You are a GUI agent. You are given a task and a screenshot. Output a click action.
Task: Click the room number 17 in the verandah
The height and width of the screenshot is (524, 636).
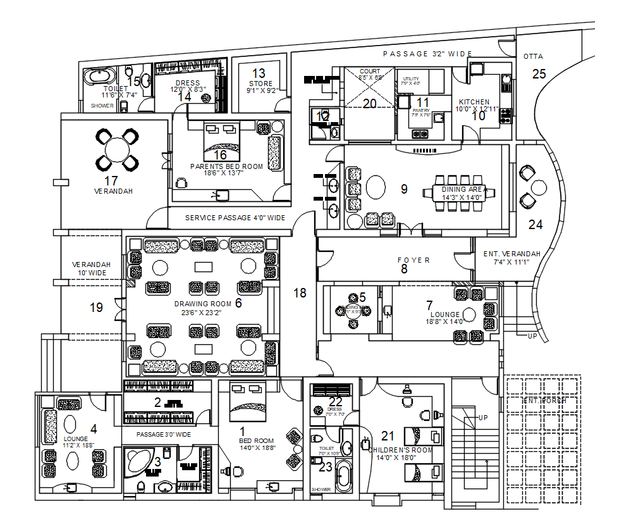tap(112, 181)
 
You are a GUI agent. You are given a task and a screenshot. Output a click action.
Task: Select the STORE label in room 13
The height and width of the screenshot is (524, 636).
tap(260, 84)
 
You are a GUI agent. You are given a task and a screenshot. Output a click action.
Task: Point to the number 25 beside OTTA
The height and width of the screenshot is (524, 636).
tap(539, 74)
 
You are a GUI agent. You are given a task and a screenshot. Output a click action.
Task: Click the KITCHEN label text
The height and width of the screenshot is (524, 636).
tap(474, 102)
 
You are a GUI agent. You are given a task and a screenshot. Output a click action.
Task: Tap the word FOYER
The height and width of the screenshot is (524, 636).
tap(413, 260)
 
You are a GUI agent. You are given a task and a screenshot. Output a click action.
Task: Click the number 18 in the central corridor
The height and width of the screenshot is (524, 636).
tap(300, 292)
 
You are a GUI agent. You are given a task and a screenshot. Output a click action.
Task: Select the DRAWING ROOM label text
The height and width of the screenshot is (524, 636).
tap(203, 304)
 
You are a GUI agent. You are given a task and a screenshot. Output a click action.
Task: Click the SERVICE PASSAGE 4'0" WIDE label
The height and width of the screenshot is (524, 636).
tap(235, 218)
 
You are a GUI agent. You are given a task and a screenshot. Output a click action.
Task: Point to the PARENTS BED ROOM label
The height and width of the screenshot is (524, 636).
tap(226, 166)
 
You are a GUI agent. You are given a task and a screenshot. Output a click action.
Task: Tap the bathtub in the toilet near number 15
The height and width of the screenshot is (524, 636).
tap(101, 77)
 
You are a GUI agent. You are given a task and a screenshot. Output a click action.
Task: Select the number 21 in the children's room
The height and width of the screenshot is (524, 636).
tap(388, 435)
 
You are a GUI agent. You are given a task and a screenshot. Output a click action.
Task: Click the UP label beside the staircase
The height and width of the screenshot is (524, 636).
tap(483, 418)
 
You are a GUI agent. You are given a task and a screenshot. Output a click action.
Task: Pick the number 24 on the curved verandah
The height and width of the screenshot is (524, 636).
tap(535, 224)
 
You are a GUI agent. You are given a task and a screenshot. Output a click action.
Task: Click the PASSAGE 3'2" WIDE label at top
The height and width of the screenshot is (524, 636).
tap(427, 54)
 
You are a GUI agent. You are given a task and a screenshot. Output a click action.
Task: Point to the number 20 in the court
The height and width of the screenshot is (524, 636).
tap(369, 104)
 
